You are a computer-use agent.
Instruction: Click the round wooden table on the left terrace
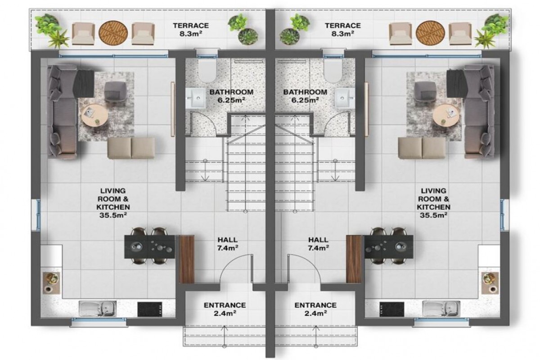(113, 33)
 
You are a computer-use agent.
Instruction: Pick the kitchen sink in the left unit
(98, 308)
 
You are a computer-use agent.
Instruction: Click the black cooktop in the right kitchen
(392, 309)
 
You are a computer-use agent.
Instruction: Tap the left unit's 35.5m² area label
(113, 215)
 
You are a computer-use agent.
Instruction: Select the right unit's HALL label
(318, 240)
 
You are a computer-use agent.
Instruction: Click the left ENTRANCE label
(225, 305)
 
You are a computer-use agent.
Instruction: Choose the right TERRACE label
(342, 26)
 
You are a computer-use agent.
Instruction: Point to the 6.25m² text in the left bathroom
(231, 100)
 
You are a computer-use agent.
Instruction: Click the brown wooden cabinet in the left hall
(187, 259)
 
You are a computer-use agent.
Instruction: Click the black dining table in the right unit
(388, 247)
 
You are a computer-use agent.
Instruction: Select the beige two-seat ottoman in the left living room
(131, 148)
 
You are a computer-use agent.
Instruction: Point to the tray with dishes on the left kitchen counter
(51, 283)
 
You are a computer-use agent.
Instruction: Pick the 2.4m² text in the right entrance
(315, 314)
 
